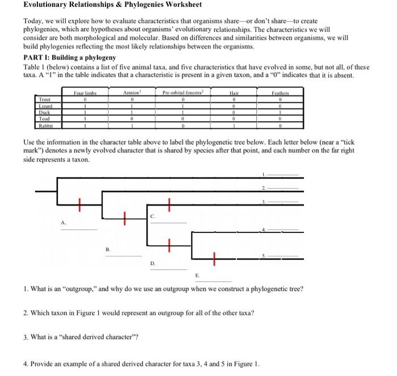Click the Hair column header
point(234,91)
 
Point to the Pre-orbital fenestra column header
point(183,91)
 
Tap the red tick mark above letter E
point(214,259)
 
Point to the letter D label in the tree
point(152,263)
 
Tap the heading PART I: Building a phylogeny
point(69,58)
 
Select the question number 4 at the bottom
point(26,364)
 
